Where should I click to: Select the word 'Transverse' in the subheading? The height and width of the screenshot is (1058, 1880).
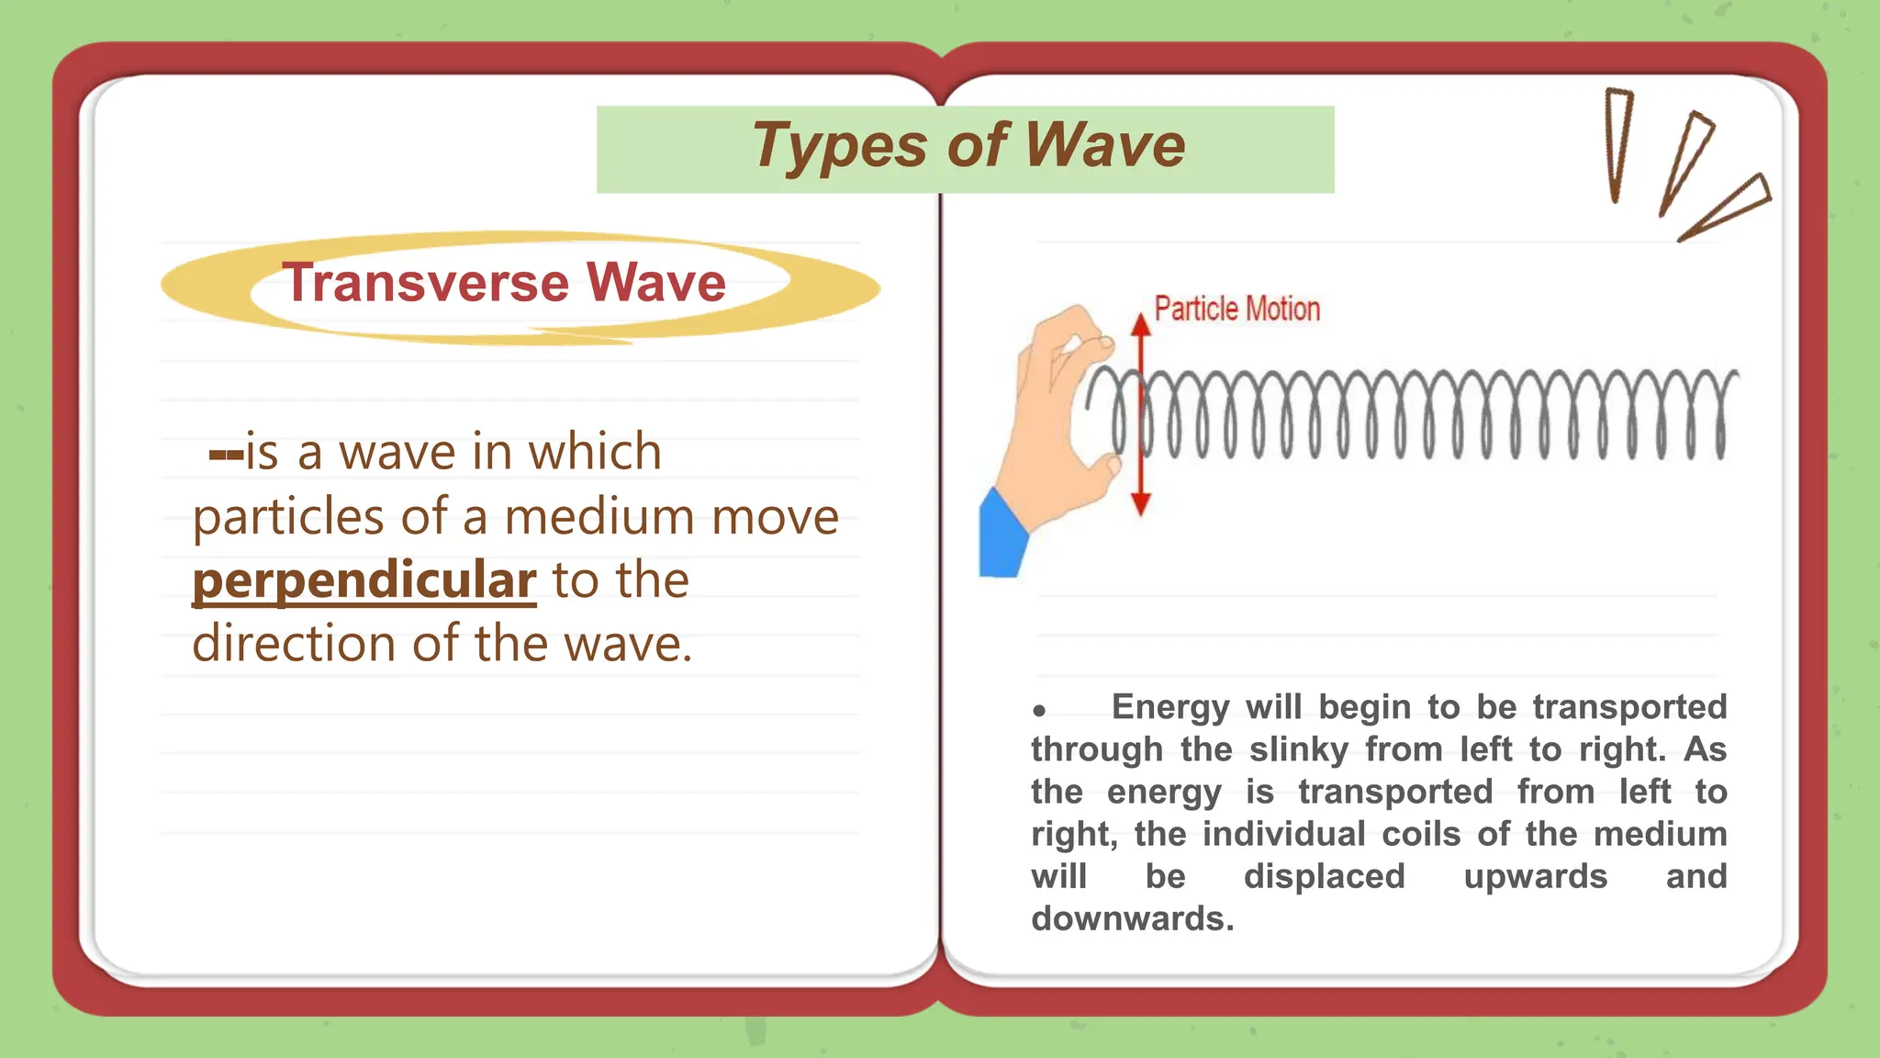point(425,282)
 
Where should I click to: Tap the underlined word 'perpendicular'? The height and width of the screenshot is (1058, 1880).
point(364,580)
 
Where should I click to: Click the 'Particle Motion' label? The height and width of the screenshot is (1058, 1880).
point(1237,310)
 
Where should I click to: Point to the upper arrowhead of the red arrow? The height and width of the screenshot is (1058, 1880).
point(1140,324)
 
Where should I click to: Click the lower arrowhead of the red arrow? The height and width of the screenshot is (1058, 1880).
point(1140,504)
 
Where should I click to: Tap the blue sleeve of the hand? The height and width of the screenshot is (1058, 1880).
point(1002,538)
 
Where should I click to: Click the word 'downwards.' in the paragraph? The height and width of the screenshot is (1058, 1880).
point(1133,918)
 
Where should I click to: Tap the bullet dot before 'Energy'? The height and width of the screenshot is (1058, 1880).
point(1039,710)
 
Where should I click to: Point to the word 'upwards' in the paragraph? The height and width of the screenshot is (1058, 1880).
point(1535,876)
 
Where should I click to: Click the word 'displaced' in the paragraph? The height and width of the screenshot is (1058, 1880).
point(1324,876)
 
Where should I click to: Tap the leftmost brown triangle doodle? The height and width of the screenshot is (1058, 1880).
point(1617,142)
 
